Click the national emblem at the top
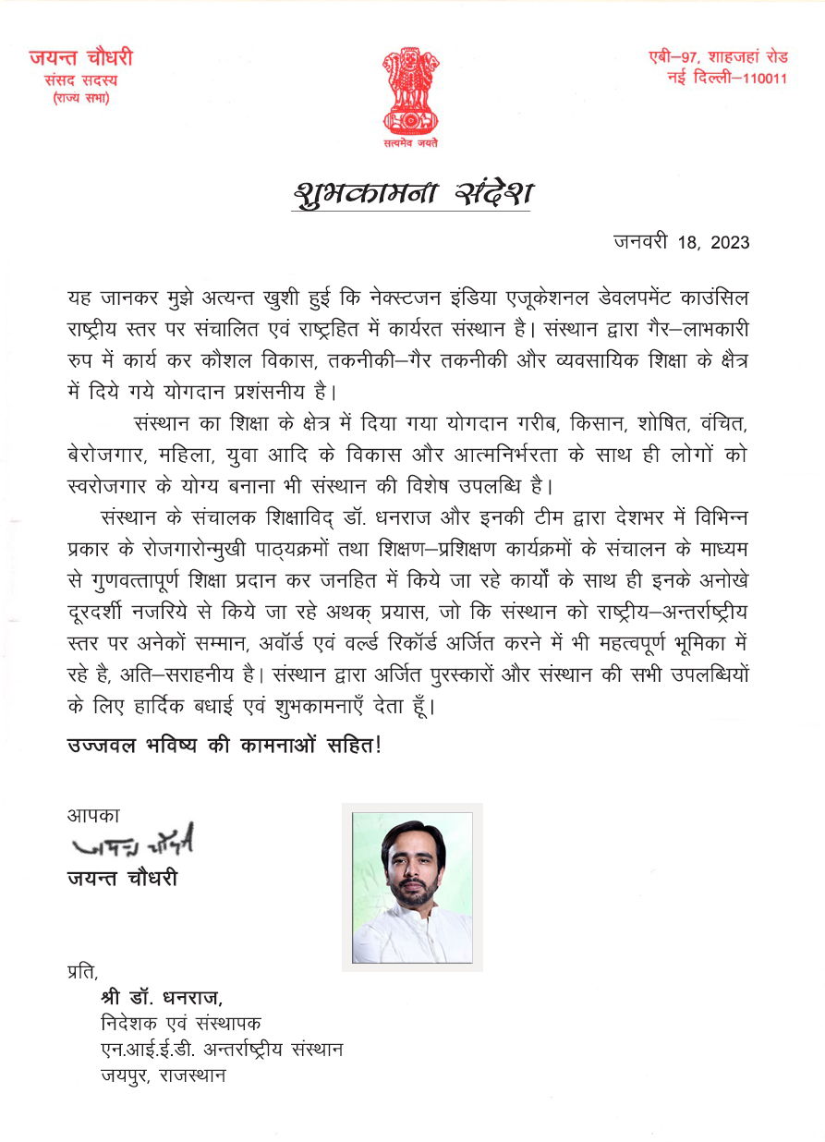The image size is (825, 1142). (x=411, y=91)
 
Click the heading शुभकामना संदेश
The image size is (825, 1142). (x=413, y=194)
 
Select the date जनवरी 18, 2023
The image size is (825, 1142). (x=681, y=243)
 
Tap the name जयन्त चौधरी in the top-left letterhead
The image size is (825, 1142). (x=80, y=58)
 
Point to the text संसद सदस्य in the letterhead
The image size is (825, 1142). (x=80, y=80)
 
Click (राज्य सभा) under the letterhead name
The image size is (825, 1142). (x=80, y=98)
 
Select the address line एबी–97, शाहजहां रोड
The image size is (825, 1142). (x=718, y=57)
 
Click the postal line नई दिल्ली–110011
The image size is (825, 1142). (x=727, y=78)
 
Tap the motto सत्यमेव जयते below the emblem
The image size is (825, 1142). (x=411, y=144)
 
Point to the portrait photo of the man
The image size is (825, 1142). (x=412, y=886)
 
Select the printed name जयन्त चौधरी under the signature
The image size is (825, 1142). (x=122, y=878)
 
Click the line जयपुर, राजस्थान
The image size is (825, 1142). (x=164, y=1075)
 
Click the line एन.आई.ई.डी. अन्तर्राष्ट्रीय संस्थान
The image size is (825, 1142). (x=222, y=1050)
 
